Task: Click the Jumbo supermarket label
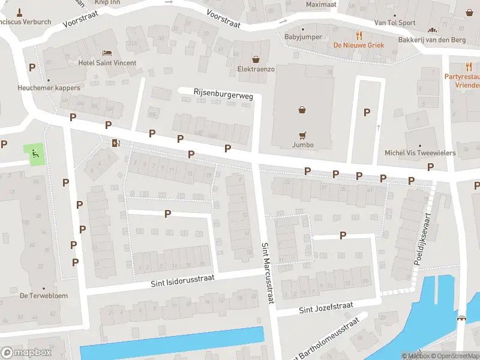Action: tap(303, 145)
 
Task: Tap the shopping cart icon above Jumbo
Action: tap(303, 135)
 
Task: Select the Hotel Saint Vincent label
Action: tap(107, 63)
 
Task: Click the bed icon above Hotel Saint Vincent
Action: tap(107, 53)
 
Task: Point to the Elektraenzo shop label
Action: tap(256, 69)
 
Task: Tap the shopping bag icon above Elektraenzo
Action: tap(256, 59)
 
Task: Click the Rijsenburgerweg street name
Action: tap(223, 92)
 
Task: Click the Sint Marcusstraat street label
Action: tap(267, 273)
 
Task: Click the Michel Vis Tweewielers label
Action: tap(420, 153)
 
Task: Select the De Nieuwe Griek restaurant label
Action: tap(358, 45)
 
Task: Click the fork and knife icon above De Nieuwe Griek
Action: tap(359, 35)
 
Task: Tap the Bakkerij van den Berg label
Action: tap(431, 40)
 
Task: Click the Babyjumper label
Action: tap(303, 37)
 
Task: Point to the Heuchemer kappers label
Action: tap(49, 88)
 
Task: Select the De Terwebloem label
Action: tap(43, 295)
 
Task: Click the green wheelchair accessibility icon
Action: tap(35, 154)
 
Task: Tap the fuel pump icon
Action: tap(115, 143)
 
